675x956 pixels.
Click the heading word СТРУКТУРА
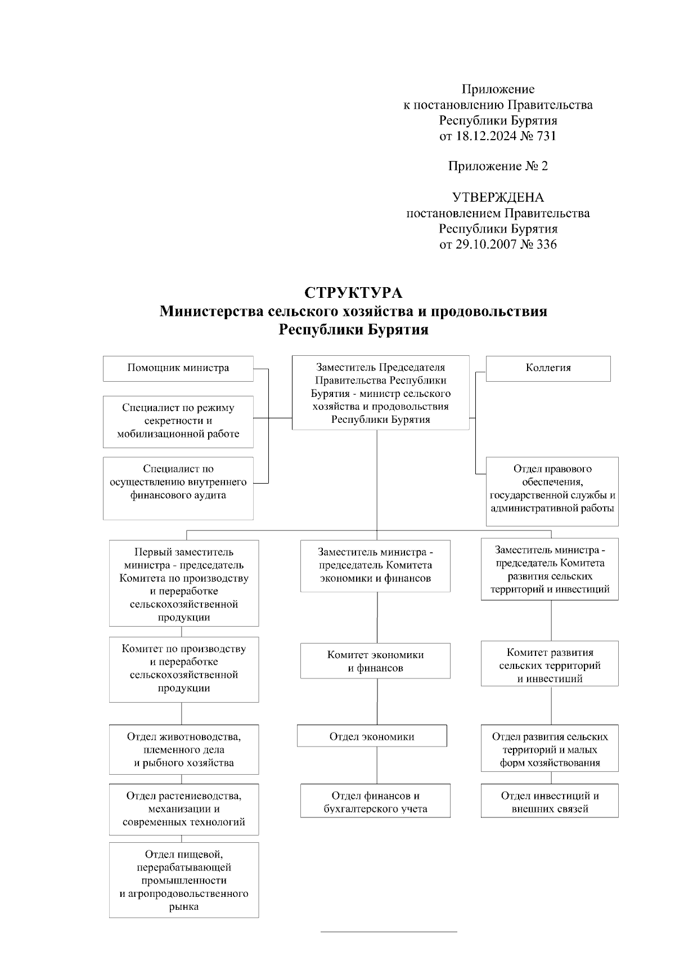[353, 293]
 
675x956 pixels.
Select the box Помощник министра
[178, 368]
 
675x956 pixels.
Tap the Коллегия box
[548, 368]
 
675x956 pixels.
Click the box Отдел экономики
[372, 736]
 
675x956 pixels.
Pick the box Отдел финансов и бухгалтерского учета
[375, 802]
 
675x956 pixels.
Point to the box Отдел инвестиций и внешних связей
[550, 802]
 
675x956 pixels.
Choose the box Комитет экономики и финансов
[375, 661]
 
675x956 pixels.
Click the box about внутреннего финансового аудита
[178, 488]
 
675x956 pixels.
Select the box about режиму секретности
[178, 421]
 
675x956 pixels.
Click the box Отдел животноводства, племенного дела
[184, 749]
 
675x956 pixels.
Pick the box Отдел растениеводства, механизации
[184, 809]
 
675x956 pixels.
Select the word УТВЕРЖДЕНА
[498, 198]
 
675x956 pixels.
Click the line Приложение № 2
[498, 166]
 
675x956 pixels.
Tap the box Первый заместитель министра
[184, 584]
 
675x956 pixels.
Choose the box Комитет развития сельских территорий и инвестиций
[550, 665]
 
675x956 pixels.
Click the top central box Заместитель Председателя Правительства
[381, 393]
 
